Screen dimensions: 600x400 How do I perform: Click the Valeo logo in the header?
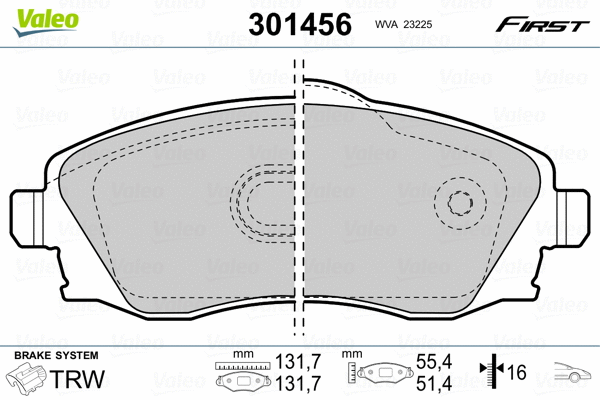click(x=46, y=21)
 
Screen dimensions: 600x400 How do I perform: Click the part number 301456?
click(x=300, y=24)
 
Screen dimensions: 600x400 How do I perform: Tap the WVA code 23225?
click(x=403, y=24)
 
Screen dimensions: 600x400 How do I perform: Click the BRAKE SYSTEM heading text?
click(x=56, y=355)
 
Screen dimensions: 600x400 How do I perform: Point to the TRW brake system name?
click(x=77, y=379)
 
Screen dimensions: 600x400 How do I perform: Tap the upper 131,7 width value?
click(x=299, y=361)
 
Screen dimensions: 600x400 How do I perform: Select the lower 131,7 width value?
click(x=299, y=383)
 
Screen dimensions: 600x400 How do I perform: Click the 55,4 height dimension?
click(x=434, y=361)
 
